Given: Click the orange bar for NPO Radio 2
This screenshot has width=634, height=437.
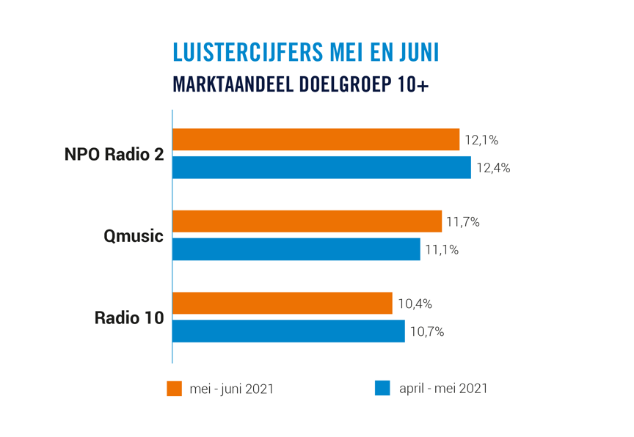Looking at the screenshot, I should coord(316,139).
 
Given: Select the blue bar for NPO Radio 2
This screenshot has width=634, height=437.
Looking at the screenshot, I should coord(321,167).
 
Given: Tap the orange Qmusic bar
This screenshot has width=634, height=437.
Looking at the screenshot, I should coord(307,221).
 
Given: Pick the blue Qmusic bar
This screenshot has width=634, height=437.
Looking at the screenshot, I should coord(296,249).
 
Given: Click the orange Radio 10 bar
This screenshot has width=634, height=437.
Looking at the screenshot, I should coord(282,303).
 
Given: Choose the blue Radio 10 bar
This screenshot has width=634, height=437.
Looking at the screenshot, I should coord(288,331).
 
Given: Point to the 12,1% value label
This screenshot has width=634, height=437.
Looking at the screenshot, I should coord(481,140).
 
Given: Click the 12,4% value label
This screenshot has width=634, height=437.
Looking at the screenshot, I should coord(493,168).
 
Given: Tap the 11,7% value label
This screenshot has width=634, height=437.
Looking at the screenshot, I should coord(463,221).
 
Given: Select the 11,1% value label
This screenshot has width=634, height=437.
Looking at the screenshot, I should coord(442,249).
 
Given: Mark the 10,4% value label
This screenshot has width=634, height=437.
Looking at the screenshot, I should coord(415,304).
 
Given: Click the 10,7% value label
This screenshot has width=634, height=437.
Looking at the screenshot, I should coord(427,331).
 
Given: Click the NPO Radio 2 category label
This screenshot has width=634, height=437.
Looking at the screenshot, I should coord(114,155).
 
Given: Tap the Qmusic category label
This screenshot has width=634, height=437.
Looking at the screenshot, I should coord(134,236).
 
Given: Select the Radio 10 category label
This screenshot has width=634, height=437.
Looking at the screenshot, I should coord(129,318).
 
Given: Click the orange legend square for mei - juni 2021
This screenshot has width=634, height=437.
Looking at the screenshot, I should coord(175,389).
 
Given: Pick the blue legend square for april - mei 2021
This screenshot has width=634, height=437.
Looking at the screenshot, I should coord(382,389).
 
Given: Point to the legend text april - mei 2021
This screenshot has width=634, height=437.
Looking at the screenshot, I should coord(443,389).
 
